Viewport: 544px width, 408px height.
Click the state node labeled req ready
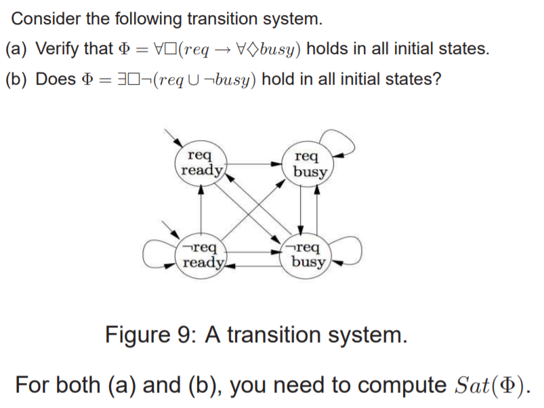point(201,163)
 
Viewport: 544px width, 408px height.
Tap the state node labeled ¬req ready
point(201,253)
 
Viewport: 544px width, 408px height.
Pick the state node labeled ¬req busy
point(308,253)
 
